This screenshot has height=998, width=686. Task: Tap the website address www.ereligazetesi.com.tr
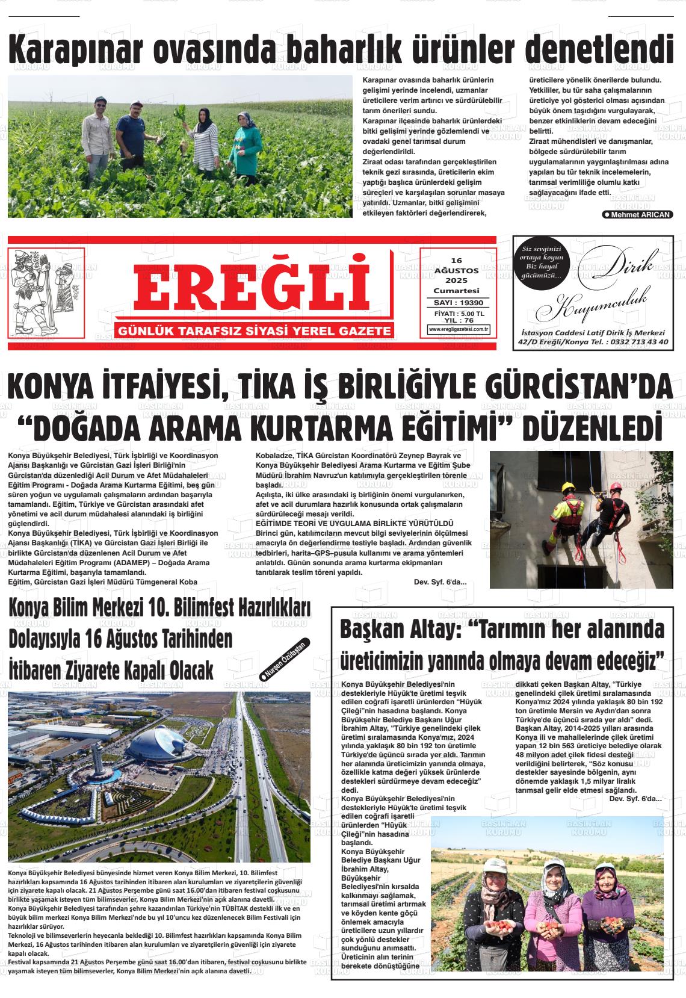coord(459,329)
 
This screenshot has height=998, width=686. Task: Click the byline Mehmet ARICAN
coord(637,214)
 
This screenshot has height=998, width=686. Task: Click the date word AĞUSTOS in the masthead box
coord(456,271)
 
